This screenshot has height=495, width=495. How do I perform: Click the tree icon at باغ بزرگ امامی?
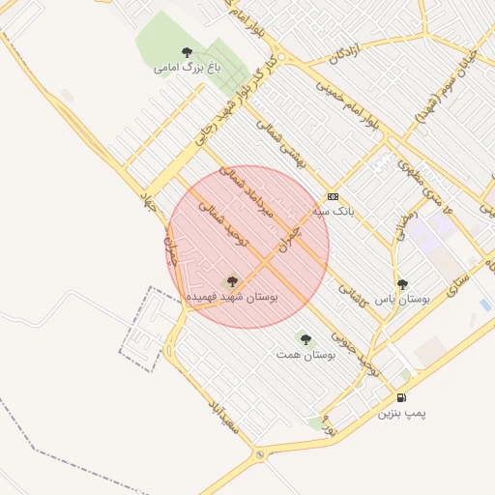pyautogui.click(x=187, y=52)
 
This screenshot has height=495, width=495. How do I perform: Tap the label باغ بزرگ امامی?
pyautogui.click(x=188, y=69)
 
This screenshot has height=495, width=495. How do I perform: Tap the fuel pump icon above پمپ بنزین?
pyautogui.click(x=401, y=397)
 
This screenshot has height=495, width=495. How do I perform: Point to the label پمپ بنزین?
pyautogui.click(x=401, y=414)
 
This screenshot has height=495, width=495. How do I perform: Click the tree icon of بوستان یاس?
pyautogui.click(x=402, y=284)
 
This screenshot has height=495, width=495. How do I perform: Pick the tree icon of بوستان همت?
pyautogui.click(x=306, y=339)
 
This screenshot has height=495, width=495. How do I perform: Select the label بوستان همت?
pyautogui.click(x=305, y=356)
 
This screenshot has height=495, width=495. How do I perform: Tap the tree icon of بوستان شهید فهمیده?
pyautogui.click(x=231, y=281)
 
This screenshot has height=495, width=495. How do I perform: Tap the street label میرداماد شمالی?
pyautogui.click(x=248, y=189)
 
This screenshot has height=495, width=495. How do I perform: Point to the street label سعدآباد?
pyautogui.click(x=222, y=415)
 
